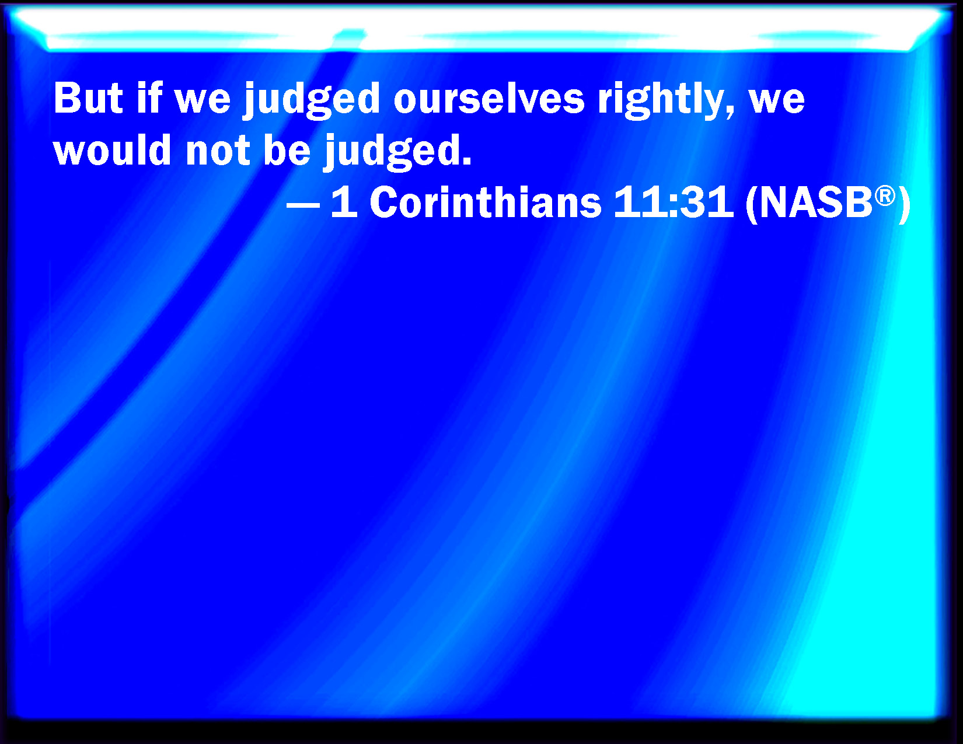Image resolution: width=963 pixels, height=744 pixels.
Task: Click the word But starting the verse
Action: pyautogui.click(x=88, y=98)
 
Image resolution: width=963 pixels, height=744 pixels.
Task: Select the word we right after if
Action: pyautogui.click(x=203, y=102)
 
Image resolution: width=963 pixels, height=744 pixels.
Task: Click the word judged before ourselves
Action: pyautogui.click(x=312, y=100)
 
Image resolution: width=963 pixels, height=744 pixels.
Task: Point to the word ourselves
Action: pyautogui.click(x=489, y=98)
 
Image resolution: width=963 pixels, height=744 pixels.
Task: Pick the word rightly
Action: pyautogui.click(x=661, y=100)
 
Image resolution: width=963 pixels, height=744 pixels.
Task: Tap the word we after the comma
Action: pyautogui.click(x=777, y=102)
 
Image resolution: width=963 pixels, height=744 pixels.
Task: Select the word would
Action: pyautogui.click(x=112, y=149)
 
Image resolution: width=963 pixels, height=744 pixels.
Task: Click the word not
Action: pyautogui.click(x=218, y=152)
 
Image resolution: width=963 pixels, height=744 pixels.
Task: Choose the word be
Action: pyautogui.click(x=287, y=149)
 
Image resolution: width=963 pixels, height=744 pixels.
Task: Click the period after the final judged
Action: pyautogui.click(x=466, y=162)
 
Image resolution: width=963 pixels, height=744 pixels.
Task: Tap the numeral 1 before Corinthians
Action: pyautogui.click(x=345, y=202)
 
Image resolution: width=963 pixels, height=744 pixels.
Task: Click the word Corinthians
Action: pyautogui.click(x=486, y=202)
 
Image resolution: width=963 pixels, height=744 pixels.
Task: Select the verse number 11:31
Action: pyautogui.click(x=674, y=202)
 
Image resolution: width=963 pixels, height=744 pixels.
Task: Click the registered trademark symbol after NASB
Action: pyautogui.click(x=885, y=195)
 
